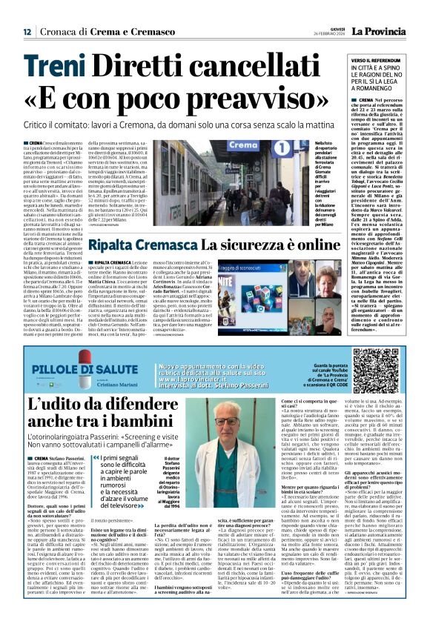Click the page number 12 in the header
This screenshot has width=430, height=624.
pos(27,32)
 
